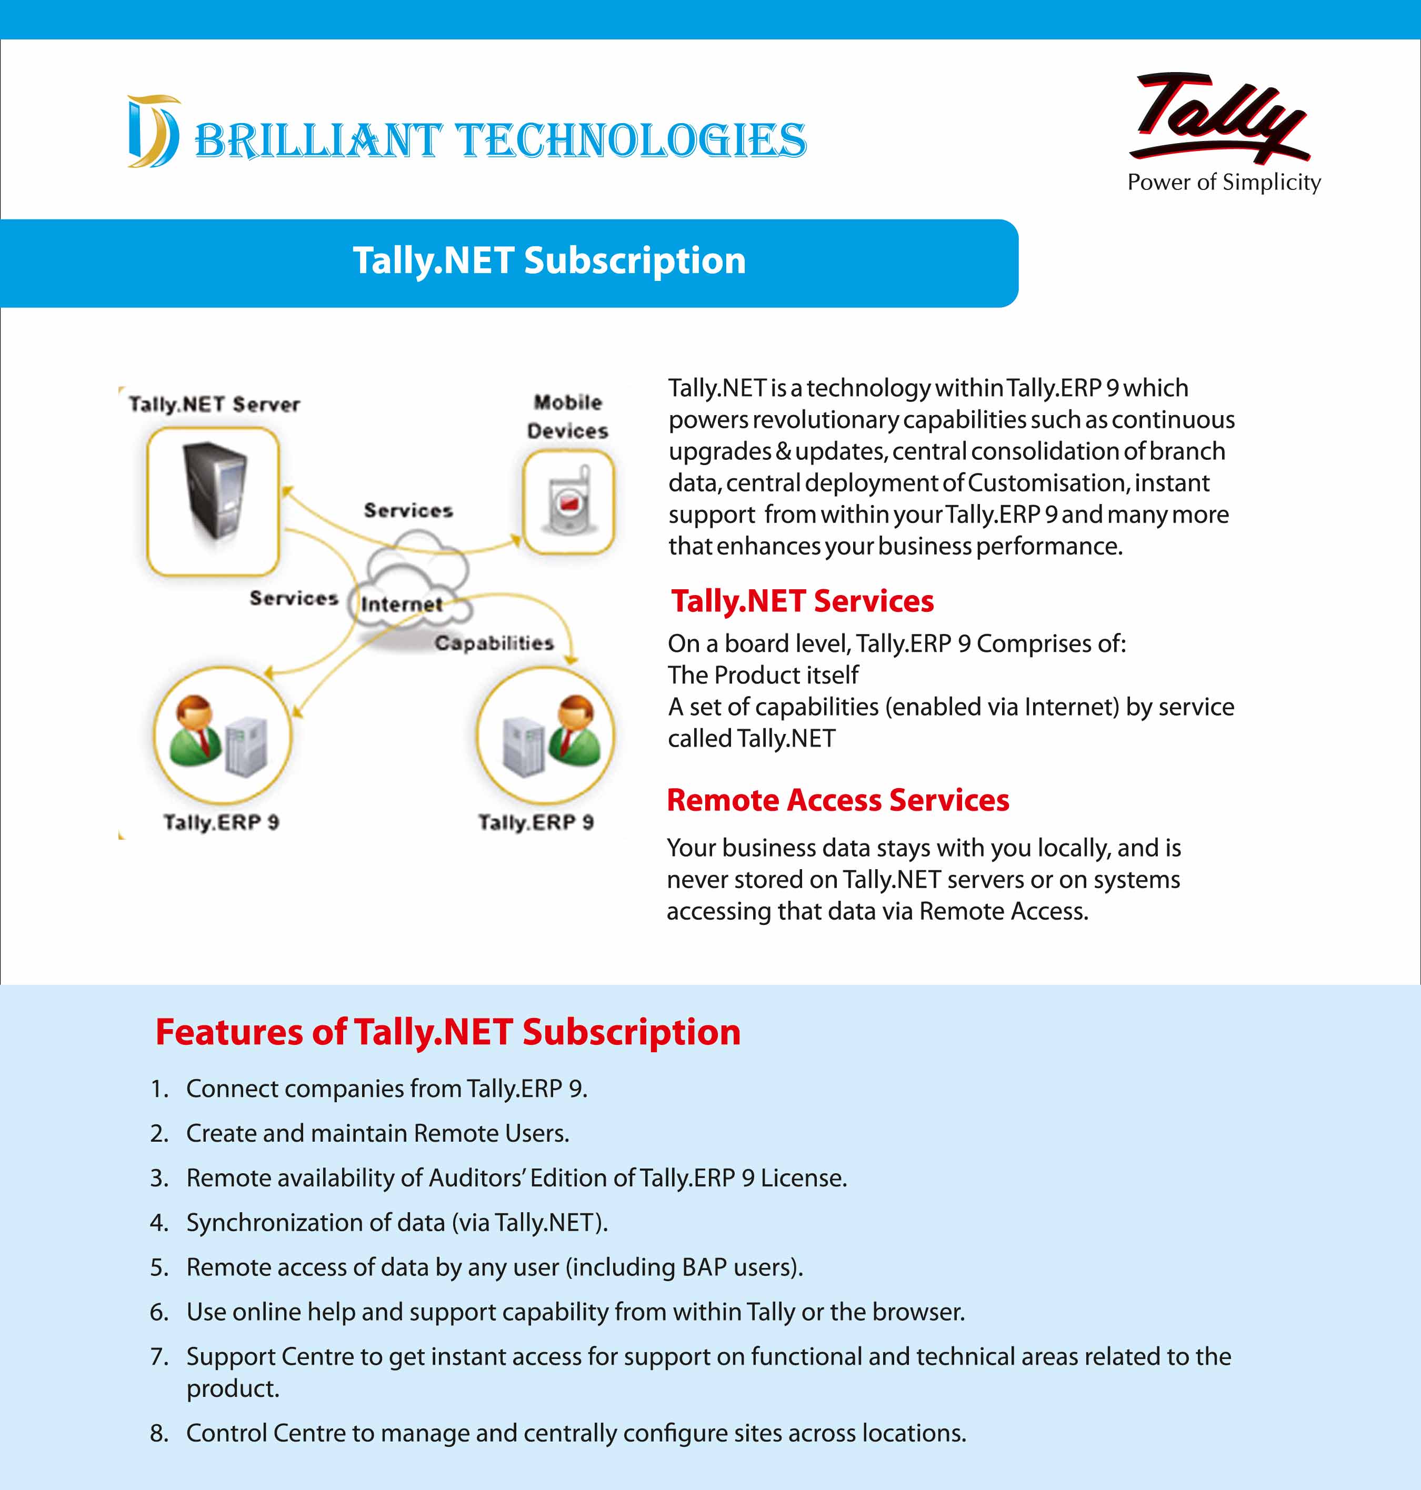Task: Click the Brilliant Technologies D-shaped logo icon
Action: coord(154,131)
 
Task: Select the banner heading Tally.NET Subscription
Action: coord(549,260)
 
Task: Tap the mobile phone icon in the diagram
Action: coord(568,502)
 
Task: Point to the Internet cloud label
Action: coord(402,604)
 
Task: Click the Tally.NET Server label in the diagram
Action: coord(214,404)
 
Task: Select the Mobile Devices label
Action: coord(568,416)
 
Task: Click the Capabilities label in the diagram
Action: coord(494,643)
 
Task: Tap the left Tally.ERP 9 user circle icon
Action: coord(222,734)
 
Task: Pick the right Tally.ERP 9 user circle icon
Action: coord(545,734)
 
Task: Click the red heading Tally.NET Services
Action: coord(802,601)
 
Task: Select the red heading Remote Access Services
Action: coord(838,800)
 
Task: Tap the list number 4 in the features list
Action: coord(158,1223)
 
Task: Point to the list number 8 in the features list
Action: coord(158,1433)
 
